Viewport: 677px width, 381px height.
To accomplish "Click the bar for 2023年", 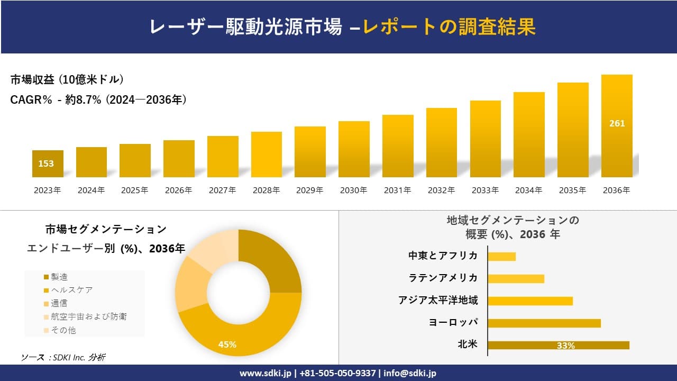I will click(48, 164).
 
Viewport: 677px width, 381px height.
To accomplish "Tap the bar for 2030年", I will click(354, 149).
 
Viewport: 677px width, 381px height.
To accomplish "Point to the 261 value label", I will click(617, 123).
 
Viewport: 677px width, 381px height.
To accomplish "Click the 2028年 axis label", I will click(266, 190).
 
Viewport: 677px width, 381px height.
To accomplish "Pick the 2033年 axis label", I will click(485, 190).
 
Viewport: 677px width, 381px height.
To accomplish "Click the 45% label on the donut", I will click(227, 344).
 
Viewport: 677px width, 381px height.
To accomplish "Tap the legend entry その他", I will click(63, 330).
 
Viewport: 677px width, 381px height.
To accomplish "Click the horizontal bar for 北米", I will click(559, 345).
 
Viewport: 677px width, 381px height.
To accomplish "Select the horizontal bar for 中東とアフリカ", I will click(501, 256).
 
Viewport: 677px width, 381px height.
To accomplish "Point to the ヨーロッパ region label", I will click(453, 322).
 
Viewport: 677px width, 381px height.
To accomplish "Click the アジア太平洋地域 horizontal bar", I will click(530, 301).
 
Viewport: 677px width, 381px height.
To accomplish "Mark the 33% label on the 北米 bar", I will click(565, 346).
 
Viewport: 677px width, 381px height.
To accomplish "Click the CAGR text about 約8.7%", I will click(98, 100).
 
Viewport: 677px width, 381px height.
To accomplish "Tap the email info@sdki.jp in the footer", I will click(409, 373).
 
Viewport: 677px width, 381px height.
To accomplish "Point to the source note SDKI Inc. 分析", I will click(63, 358).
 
